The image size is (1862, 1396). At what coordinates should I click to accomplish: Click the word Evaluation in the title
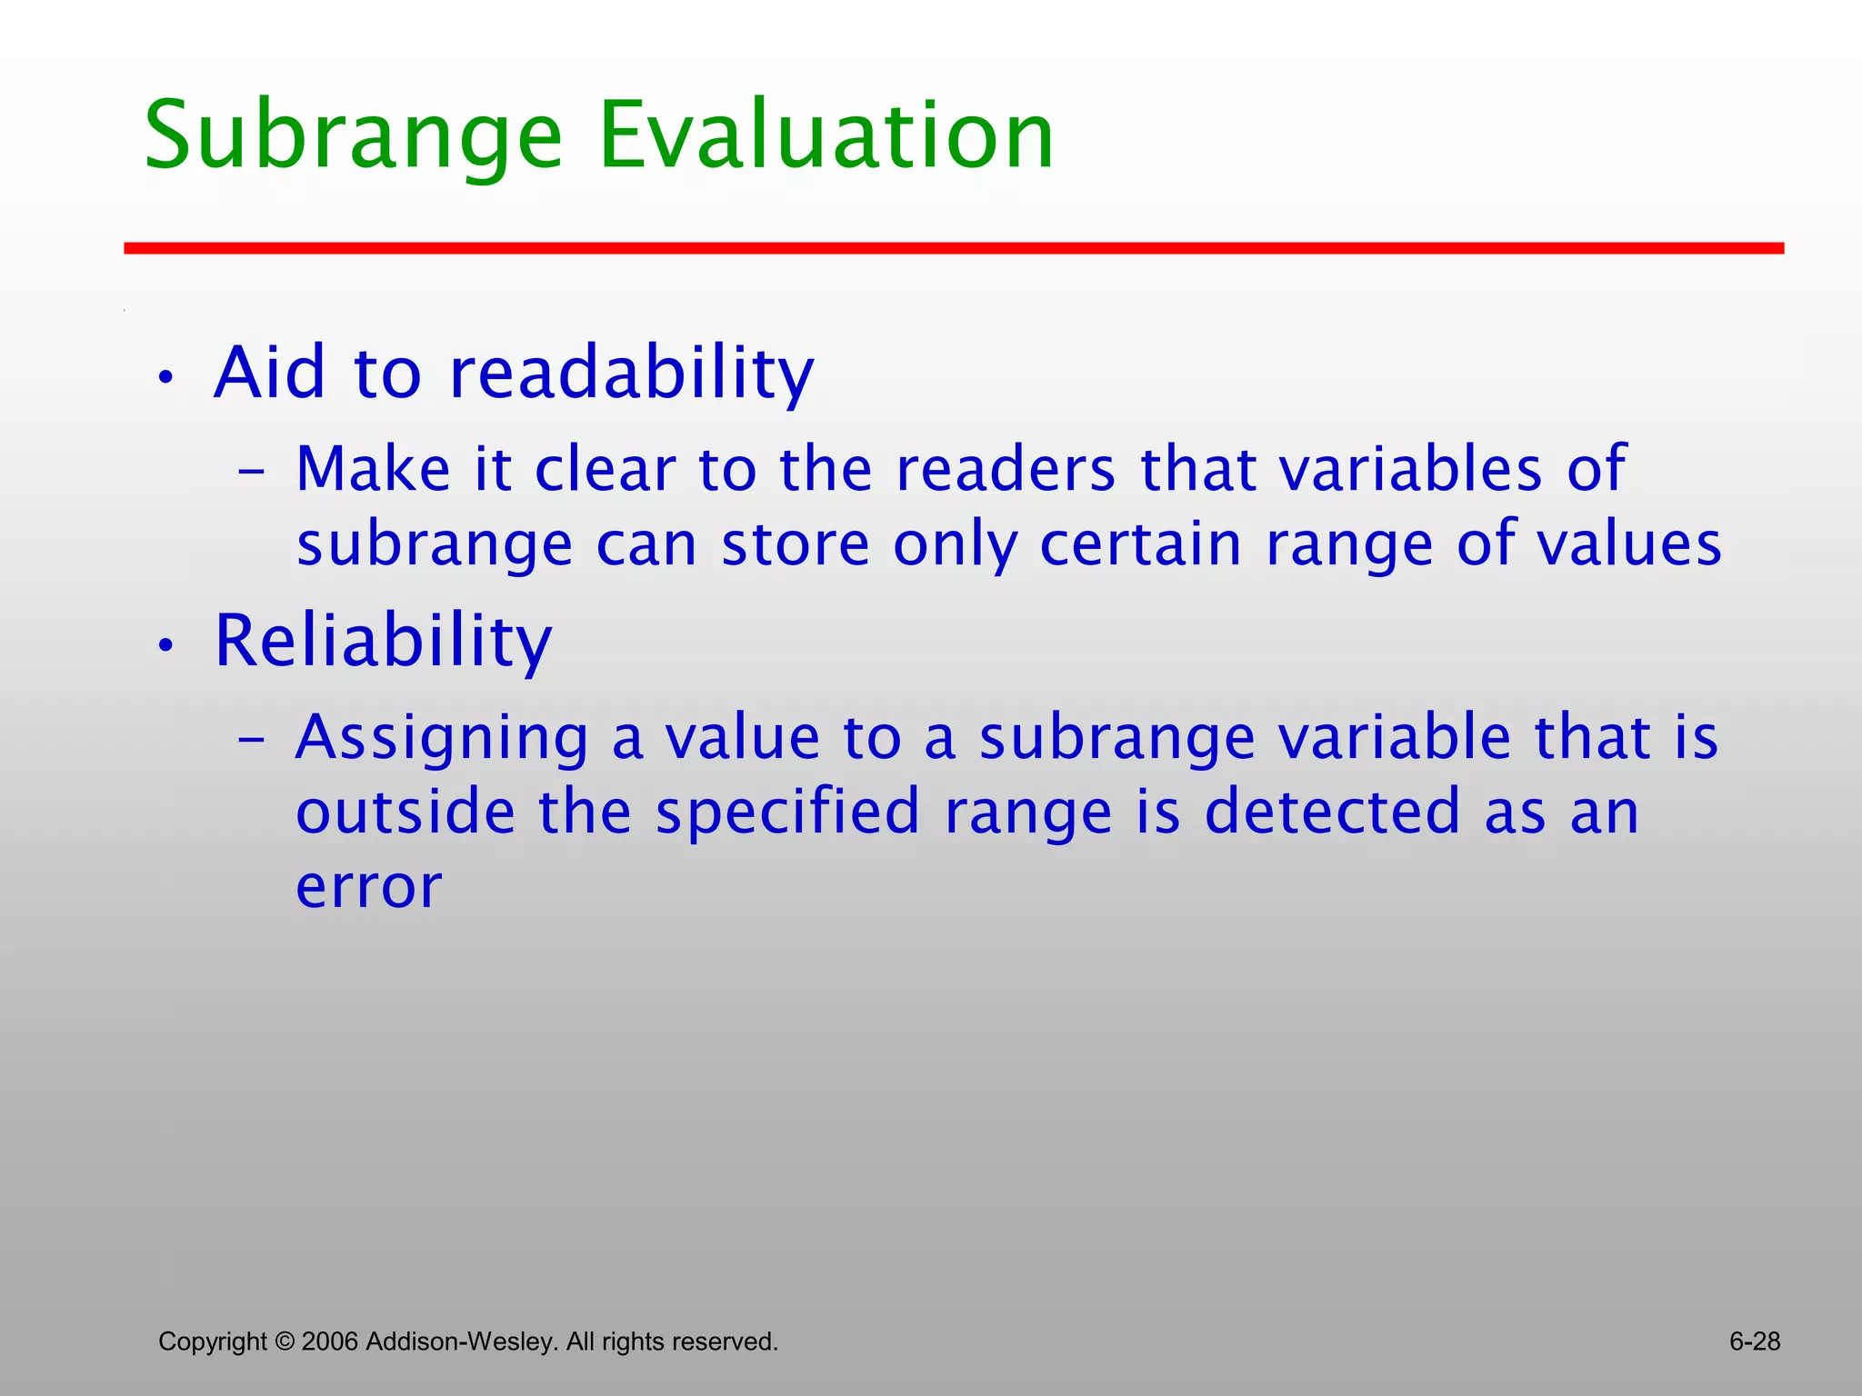826,136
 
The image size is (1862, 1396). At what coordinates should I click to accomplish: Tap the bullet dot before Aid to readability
165,378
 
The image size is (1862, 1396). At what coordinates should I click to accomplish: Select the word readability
631,374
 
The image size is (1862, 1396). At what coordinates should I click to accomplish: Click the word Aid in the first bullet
269,374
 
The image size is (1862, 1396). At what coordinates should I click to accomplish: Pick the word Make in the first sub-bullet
373,470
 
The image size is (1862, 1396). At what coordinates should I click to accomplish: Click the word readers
1005,470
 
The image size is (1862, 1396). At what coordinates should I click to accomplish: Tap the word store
796,545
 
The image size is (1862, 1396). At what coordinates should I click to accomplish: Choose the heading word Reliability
383,642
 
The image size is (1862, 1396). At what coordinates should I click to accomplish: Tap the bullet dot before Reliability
165,646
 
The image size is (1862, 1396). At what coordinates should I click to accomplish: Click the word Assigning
442,738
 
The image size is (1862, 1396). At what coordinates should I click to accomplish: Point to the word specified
787,813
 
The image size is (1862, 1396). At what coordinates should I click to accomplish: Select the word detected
1331,813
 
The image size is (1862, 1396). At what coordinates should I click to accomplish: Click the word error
368,887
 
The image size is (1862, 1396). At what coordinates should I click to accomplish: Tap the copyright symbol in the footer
285,1341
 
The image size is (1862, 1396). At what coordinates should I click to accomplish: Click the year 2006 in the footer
331,1341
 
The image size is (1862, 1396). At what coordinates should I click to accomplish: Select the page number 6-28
1754,1341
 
